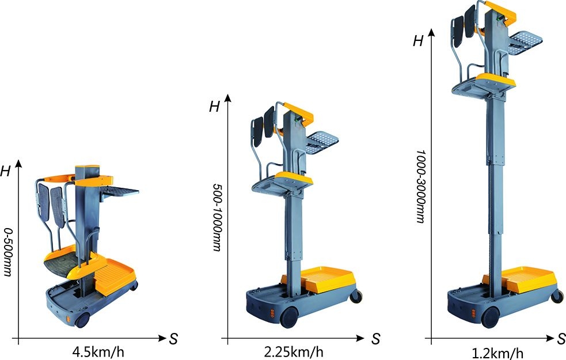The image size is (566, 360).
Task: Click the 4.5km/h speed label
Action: (x=98, y=352)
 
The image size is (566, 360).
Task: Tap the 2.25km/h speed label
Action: (x=294, y=351)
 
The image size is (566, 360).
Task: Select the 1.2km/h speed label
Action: (x=497, y=353)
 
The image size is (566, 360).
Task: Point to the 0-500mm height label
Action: (x=7, y=252)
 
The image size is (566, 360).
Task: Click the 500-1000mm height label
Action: (x=217, y=217)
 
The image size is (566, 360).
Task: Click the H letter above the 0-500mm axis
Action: (x=5, y=171)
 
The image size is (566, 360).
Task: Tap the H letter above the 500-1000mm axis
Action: (x=214, y=107)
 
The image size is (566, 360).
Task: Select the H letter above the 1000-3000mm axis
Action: (x=418, y=41)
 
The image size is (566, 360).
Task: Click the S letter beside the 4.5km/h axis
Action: (x=173, y=339)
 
